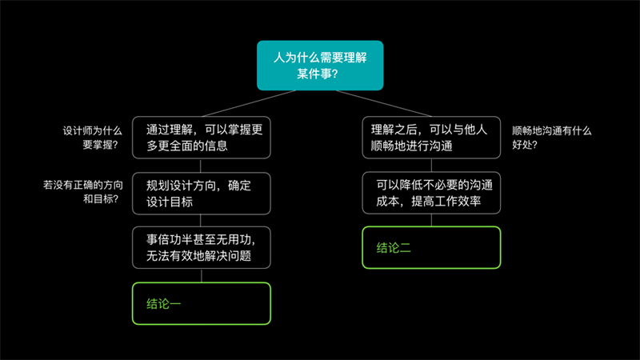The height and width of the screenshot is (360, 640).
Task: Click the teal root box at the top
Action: (x=320, y=66)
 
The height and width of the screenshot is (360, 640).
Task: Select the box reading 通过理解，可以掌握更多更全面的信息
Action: (x=202, y=138)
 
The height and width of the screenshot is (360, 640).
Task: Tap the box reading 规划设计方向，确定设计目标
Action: (x=202, y=194)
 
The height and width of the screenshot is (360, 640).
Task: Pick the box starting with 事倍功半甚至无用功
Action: (x=202, y=248)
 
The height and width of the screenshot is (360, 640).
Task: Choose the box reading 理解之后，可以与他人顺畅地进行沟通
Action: (x=431, y=138)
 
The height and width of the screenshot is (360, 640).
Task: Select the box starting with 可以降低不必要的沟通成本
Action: (x=431, y=193)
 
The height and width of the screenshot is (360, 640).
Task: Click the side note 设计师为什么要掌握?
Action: (x=92, y=138)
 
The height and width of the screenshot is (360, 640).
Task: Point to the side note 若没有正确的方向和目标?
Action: (x=83, y=192)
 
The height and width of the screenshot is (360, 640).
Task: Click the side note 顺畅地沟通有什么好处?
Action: (x=551, y=138)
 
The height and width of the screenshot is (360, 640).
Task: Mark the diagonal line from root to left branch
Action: (x=249, y=104)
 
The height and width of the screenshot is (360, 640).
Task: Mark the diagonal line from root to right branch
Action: (x=384, y=104)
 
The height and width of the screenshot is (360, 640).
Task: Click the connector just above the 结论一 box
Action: (x=202, y=275)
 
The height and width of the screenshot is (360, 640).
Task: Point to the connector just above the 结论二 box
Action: (x=431, y=220)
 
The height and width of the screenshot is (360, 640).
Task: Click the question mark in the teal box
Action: (x=334, y=74)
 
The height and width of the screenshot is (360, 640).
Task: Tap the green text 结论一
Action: (x=163, y=304)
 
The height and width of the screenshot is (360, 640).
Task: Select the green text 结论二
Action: (x=394, y=248)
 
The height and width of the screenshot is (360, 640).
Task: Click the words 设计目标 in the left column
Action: (x=170, y=202)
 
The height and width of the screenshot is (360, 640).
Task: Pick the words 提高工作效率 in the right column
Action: (x=446, y=201)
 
